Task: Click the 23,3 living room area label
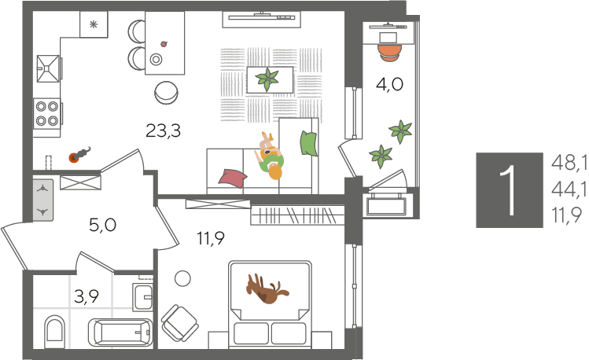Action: [163, 131]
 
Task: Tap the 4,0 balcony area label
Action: [389, 84]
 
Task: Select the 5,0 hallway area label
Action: [102, 226]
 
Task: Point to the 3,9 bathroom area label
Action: [87, 296]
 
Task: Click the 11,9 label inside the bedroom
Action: [211, 238]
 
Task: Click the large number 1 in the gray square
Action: [510, 190]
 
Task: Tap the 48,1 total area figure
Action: [569, 163]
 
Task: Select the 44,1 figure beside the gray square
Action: [569, 190]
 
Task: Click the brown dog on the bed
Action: [267, 289]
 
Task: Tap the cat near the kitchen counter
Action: [79, 155]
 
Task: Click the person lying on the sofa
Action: [271, 156]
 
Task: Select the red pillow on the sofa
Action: [233, 178]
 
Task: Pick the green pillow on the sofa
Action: [309, 143]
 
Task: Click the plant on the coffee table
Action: [267, 79]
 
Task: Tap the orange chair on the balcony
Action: [390, 53]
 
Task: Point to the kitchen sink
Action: [48, 68]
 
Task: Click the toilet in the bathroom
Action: [54, 332]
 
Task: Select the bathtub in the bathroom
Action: [120, 332]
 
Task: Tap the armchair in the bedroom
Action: [179, 322]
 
